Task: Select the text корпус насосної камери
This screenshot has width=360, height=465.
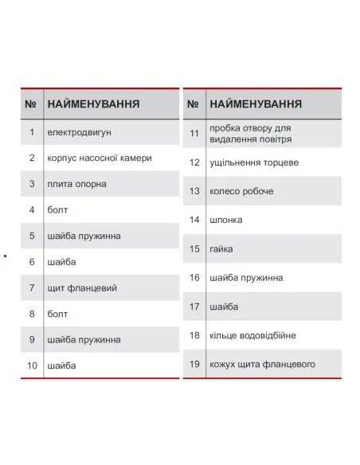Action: click(x=99, y=158)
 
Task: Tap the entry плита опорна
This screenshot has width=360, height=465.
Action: click(x=76, y=184)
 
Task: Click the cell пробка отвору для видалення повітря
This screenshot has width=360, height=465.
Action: click(x=249, y=133)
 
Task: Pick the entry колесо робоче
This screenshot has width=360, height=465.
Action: click(x=241, y=191)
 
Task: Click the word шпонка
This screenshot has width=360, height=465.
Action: click(x=225, y=220)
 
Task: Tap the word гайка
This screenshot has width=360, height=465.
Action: click(x=221, y=248)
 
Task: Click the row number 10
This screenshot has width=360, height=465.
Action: click(x=32, y=365)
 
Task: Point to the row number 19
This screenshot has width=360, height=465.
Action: click(x=194, y=364)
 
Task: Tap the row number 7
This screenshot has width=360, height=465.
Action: click(x=32, y=287)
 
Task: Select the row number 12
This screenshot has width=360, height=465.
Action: click(x=194, y=162)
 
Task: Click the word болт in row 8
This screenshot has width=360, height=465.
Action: click(x=57, y=314)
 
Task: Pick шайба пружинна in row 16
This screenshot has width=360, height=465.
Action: click(x=246, y=278)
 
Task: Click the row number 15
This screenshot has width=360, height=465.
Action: click(x=194, y=248)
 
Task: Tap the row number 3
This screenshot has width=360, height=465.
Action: click(x=32, y=184)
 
